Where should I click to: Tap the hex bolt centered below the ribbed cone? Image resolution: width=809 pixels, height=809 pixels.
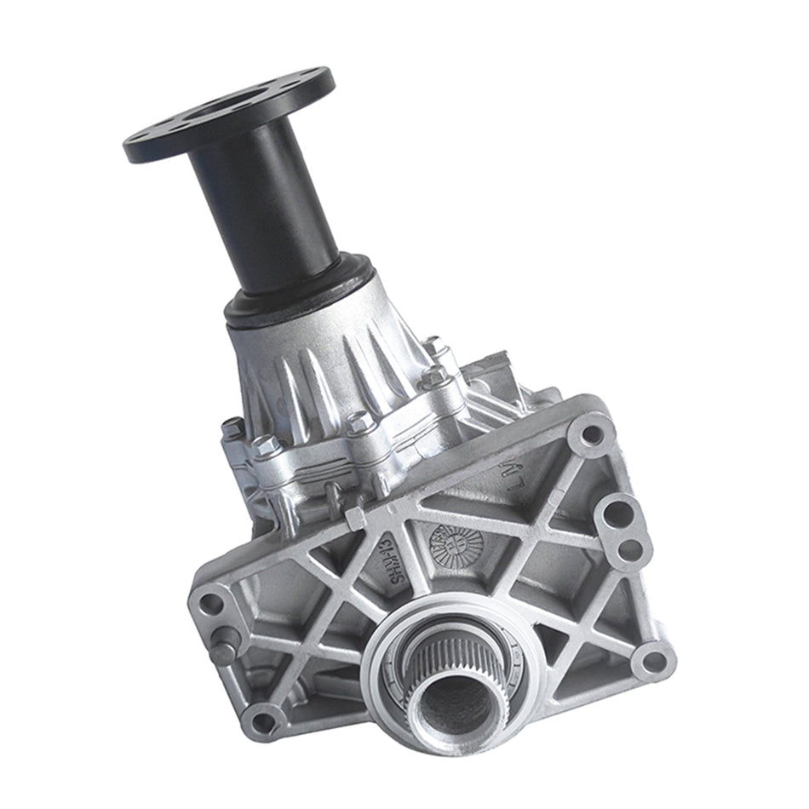coord(359,421)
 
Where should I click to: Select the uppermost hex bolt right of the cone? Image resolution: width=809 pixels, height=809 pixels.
coord(435,347)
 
